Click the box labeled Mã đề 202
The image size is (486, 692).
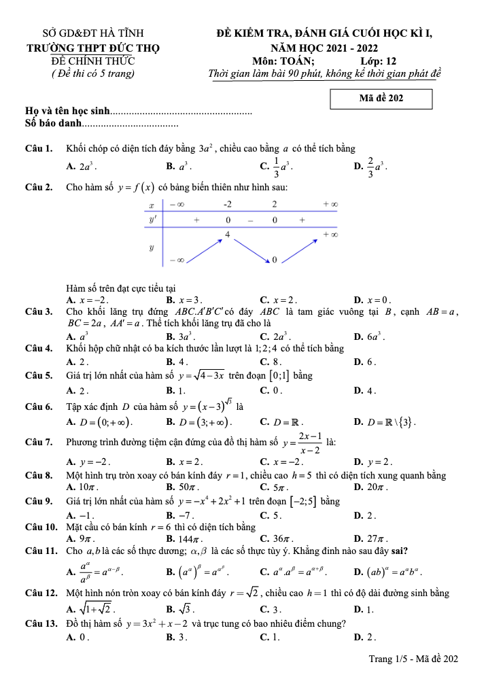click(381, 99)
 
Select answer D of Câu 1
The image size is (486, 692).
click(370, 165)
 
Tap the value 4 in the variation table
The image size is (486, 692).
click(228, 234)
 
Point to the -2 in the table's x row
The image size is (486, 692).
click(228, 204)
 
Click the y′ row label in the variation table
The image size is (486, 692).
click(152, 220)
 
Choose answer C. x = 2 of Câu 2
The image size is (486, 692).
click(279, 300)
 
